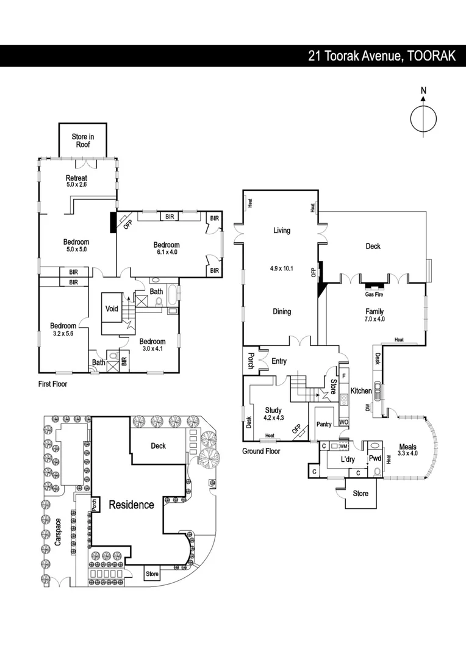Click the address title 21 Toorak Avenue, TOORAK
(382, 56)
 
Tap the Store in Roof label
(83, 141)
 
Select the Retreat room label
(77, 178)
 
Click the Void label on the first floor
(112, 309)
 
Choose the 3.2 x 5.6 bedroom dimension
(62, 333)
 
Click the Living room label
(281, 231)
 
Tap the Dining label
(281, 312)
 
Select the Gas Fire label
(373, 294)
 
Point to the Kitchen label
(361, 391)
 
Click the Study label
(273, 410)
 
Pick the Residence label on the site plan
(131, 505)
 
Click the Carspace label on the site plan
(58, 535)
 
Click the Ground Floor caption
(261, 452)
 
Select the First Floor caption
(52, 384)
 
